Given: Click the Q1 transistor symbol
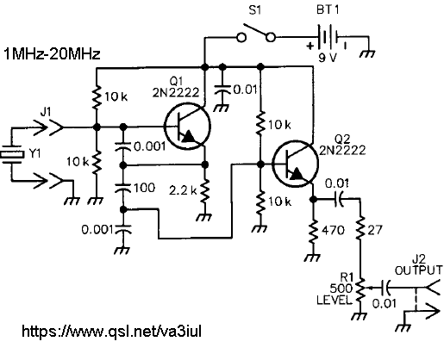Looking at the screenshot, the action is click(x=187, y=127).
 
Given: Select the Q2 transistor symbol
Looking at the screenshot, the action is click(x=295, y=164).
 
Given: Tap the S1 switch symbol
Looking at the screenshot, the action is click(x=256, y=34).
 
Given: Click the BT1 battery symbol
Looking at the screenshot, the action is click(x=328, y=37).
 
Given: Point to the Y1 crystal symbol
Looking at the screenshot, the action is click(x=11, y=155).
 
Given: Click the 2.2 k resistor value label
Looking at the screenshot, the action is click(x=183, y=189).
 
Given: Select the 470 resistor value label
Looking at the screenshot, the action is click(x=334, y=230).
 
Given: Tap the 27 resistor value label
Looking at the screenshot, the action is click(x=375, y=230).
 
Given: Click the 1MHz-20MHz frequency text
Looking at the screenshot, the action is click(x=52, y=53).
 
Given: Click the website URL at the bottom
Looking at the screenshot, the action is click(x=111, y=331).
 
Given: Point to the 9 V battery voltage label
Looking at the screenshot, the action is click(x=328, y=58).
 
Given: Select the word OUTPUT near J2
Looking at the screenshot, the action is click(x=418, y=270).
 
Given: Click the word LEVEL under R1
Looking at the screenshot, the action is click(x=335, y=300).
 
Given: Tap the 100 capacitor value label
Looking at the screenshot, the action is click(x=145, y=188).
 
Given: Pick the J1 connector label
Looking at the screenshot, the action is click(x=46, y=112).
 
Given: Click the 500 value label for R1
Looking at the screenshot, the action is click(x=341, y=288).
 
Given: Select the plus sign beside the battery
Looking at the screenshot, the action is click(x=310, y=46).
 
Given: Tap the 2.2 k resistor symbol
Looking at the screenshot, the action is click(x=204, y=190).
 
